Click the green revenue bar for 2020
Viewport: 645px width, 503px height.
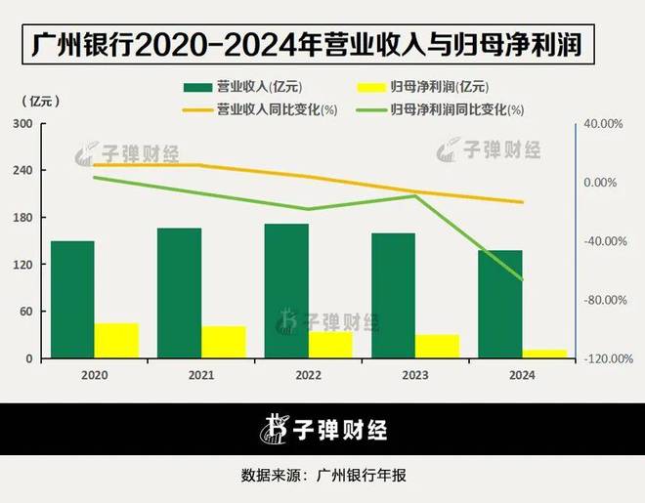72,300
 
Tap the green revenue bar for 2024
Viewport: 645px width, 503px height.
500,305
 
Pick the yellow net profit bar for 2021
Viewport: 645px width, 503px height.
223,342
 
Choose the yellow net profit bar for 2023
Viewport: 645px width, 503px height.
437,347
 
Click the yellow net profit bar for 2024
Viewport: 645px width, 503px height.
543,355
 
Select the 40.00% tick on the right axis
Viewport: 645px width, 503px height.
602,124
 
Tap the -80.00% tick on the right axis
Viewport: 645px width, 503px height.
602,300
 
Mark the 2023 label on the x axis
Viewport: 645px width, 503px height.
415,375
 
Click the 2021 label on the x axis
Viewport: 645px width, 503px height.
201,375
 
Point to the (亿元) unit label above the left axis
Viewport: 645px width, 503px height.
38,102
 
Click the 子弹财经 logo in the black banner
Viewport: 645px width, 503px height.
322,429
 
